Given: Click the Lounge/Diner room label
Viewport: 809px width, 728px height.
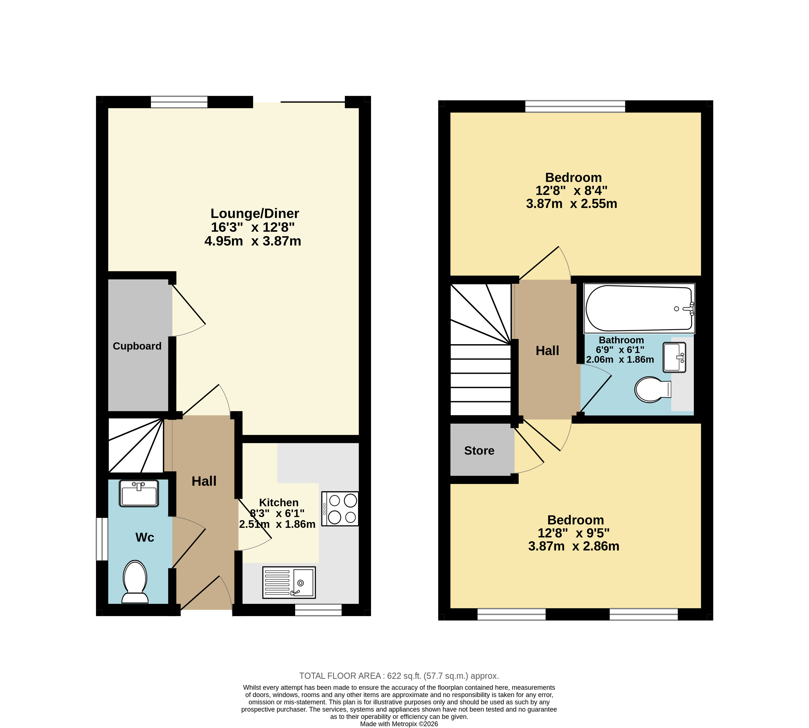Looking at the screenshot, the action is (x=255, y=214).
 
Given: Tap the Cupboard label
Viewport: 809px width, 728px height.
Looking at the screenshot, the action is (x=137, y=346).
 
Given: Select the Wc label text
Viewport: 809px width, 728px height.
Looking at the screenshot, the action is (x=145, y=537).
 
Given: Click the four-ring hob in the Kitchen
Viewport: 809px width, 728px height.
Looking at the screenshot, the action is (x=340, y=508).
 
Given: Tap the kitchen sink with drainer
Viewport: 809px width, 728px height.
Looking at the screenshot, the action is (x=289, y=582).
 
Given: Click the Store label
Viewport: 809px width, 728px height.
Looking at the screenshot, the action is (x=479, y=451).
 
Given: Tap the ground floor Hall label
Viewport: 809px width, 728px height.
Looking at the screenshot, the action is (x=204, y=481).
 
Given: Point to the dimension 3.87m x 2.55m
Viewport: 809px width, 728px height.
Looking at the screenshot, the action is (x=572, y=204).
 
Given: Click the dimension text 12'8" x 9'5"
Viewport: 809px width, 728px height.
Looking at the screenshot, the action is (x=574, y=533).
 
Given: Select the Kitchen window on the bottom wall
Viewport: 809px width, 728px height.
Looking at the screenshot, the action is (x=319, y=610).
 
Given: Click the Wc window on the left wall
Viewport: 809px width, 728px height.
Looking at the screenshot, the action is (x=102, y=539).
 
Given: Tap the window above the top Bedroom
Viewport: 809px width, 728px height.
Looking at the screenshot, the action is (x=575, y=106).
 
